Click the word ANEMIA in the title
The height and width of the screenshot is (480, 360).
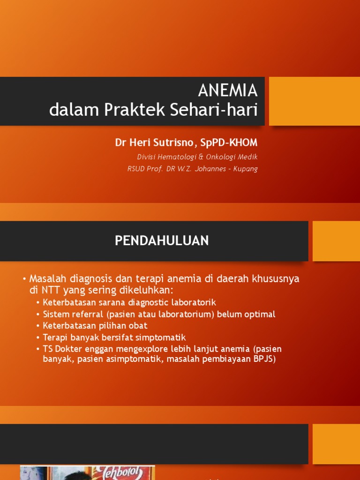tap(228, 90)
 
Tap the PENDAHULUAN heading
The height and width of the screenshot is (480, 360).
tap(162, 241)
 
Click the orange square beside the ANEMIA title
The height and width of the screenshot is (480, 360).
tap(314, 101)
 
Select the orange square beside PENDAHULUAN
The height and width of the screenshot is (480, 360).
tap(336, 241)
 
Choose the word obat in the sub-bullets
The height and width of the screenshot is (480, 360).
tap(138, 326)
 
